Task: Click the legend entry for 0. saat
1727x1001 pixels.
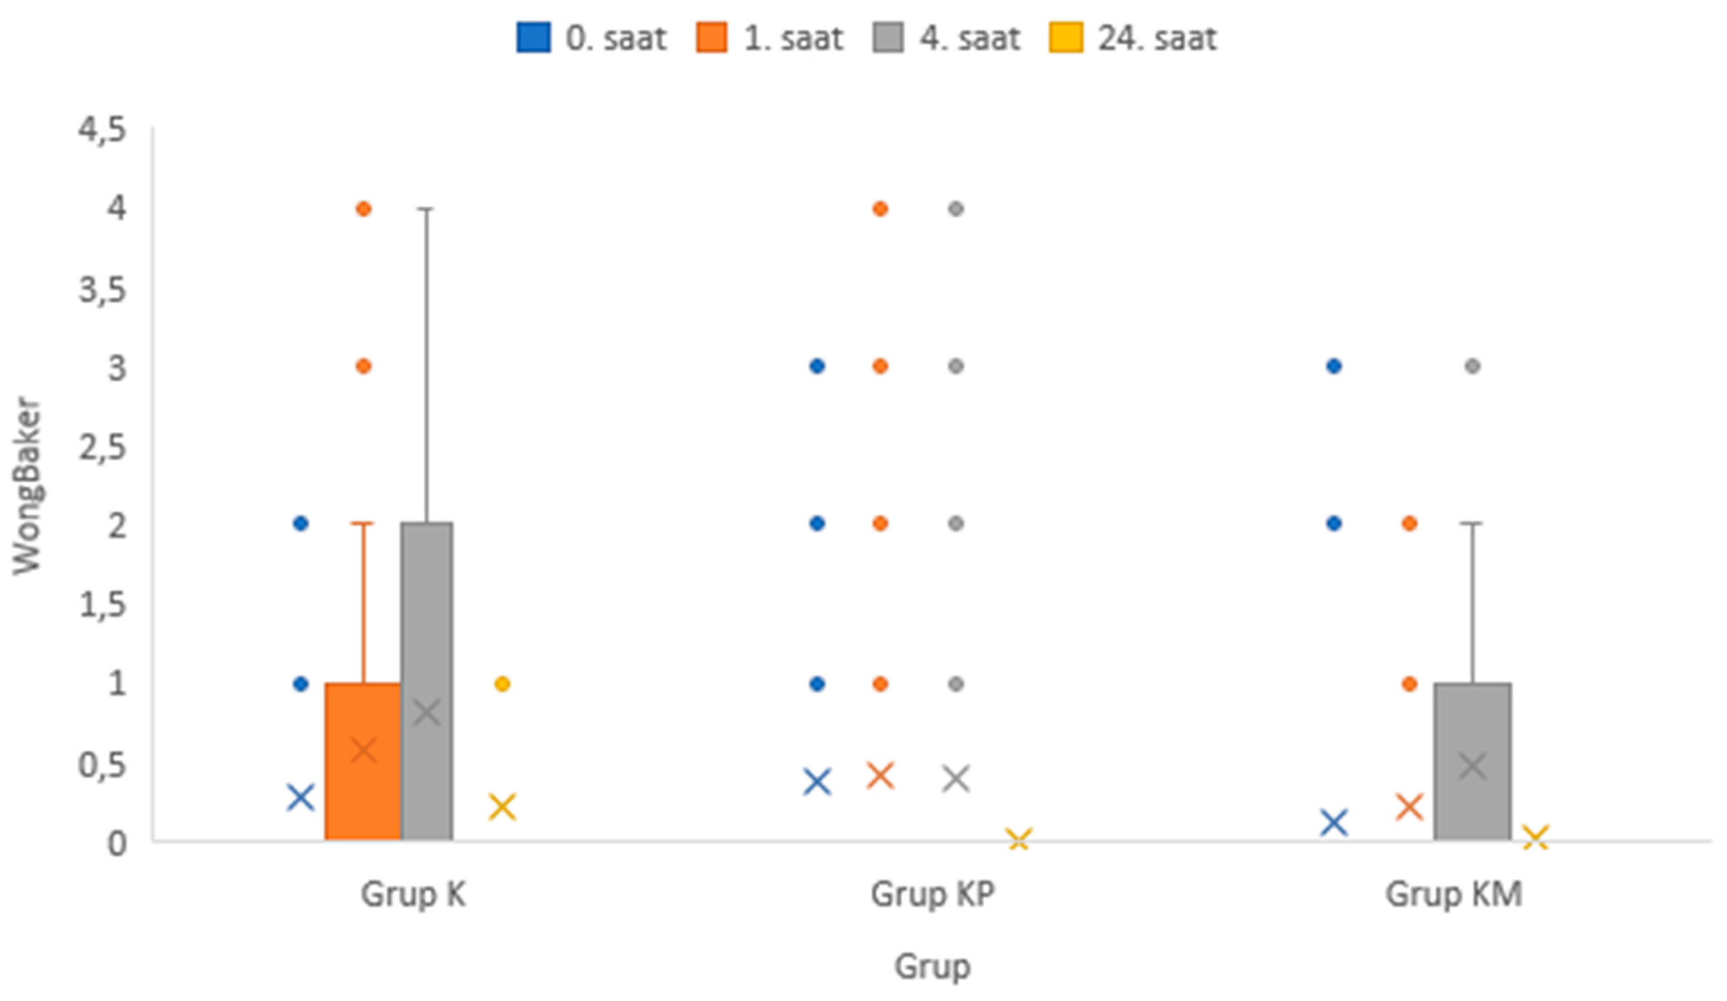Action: (591, 38)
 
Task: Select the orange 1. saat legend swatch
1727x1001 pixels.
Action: (711, 38)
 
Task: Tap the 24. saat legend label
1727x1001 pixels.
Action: (1157, 38)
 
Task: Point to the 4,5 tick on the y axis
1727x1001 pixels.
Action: (103, 129)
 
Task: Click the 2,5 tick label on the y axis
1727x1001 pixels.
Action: (103, 448)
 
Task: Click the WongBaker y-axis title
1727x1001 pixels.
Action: (27, 485)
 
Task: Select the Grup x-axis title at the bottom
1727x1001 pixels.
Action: (932, 966)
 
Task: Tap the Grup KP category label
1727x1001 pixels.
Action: (932, 894)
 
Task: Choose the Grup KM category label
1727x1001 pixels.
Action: (1454, 894)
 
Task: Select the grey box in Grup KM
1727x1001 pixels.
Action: (1473, 761)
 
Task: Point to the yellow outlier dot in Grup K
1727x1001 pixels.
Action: (502, 684)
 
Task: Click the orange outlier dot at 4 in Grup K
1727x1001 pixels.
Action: (364, 208)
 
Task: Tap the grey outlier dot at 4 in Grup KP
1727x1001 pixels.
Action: (956, 208)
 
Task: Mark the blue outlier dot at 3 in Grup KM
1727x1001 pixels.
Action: (1334, 366)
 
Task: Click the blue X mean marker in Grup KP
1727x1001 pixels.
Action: (817, 782)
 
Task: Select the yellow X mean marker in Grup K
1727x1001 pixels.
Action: (502, 806)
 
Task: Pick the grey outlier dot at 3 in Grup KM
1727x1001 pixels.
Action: (1473, 366)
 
